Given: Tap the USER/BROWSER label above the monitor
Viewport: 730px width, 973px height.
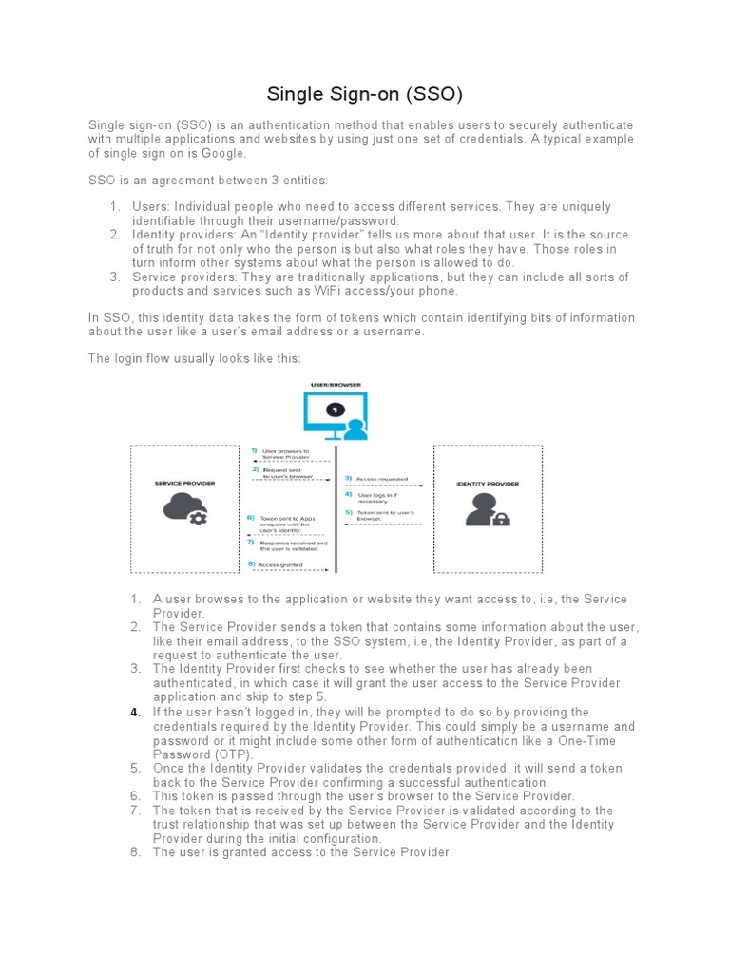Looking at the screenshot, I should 336,385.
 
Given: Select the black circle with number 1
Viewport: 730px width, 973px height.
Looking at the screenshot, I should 335,410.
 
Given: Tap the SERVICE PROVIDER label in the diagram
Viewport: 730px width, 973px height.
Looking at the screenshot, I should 184,483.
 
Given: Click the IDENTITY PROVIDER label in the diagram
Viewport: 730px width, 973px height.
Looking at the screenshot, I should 487,484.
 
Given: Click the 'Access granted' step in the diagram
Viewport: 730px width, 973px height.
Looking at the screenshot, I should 281,564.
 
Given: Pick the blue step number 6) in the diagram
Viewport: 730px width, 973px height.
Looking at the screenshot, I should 251,518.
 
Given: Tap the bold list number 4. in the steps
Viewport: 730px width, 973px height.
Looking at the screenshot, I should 136,712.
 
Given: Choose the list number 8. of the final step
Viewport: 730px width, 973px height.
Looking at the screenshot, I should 136,852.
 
